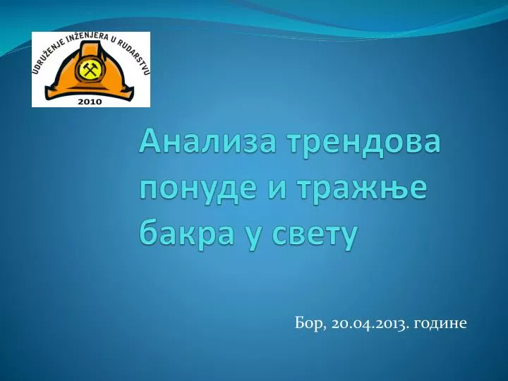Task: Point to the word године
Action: [x=443, y=324]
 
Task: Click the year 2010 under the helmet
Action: [x=90, y=101]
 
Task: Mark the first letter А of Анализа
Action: [x=149, y=144]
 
